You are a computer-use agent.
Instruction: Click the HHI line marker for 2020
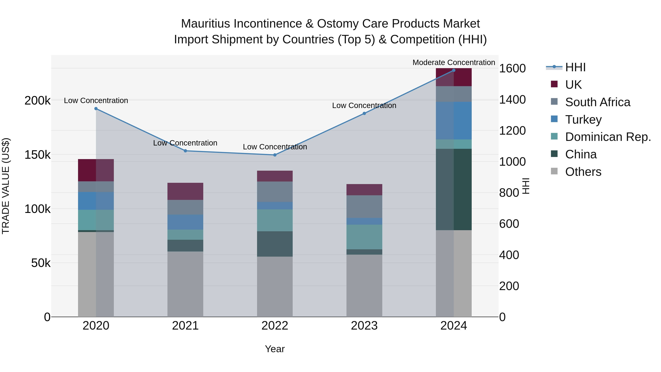[96, 109]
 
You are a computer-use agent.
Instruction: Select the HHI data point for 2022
[275, 155]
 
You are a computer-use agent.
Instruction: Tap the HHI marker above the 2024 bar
[454, 70]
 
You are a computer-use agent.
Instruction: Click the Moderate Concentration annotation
[454, 62]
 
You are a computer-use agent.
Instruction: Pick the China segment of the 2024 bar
[454, 189]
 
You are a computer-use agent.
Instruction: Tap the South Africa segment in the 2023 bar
[364, 206]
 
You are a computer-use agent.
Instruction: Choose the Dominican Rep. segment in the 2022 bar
[275, 220]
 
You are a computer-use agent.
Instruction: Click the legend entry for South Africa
[598, 102]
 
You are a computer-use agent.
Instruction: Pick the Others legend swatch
[554, 171]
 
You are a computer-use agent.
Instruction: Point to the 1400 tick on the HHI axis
[512, 100]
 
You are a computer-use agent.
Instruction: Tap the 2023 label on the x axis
[364, 326]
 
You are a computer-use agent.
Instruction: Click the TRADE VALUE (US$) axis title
[6, 186]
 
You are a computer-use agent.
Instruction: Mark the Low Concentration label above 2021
[185, 143]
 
